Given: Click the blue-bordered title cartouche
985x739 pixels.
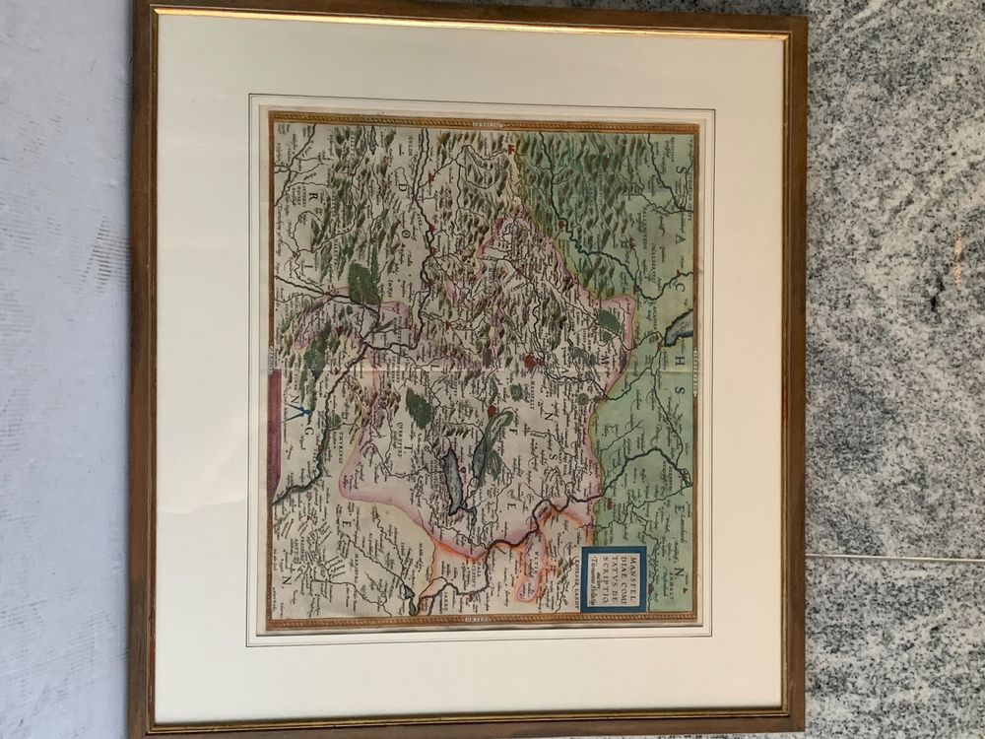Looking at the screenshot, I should (x=613, y=579).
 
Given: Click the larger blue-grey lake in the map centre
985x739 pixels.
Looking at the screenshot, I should (x=452, y=483).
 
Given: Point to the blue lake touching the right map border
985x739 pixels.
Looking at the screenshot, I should (x=680, y=326).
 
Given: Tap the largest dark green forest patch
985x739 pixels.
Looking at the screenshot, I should (x=364, y=283).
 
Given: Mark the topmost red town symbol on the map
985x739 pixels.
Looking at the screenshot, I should (x=512, y=151).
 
